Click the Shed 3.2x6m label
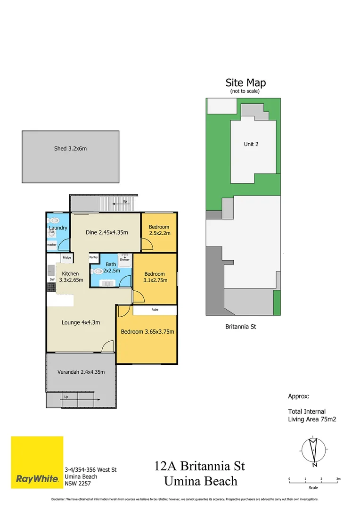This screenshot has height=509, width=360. tap(70, 148)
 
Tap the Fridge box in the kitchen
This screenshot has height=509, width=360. tap(67, 258)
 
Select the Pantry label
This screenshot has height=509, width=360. tap(93, 257)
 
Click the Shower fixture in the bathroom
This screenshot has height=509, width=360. tap(124, 258)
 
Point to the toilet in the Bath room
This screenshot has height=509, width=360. tap(98, 271)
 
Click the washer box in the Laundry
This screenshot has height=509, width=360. tap(51, 245)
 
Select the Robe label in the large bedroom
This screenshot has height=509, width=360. tap(155, 310)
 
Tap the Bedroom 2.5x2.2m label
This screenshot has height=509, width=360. tap(159, 230)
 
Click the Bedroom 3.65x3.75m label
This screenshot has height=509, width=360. tap(147, 332)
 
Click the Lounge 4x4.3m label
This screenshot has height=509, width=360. tap(81, 323)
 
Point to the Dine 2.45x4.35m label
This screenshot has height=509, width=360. tap(106, 232)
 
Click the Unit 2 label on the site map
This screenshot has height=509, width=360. tap(251, 144)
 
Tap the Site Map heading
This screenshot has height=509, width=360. tap(245, 82)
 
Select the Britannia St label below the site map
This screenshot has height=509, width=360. tap(240, 326)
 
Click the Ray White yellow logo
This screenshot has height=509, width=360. tap(37, 462)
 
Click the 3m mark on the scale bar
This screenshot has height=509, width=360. tap(338, 479)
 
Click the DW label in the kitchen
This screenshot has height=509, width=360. tap(52, 279)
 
